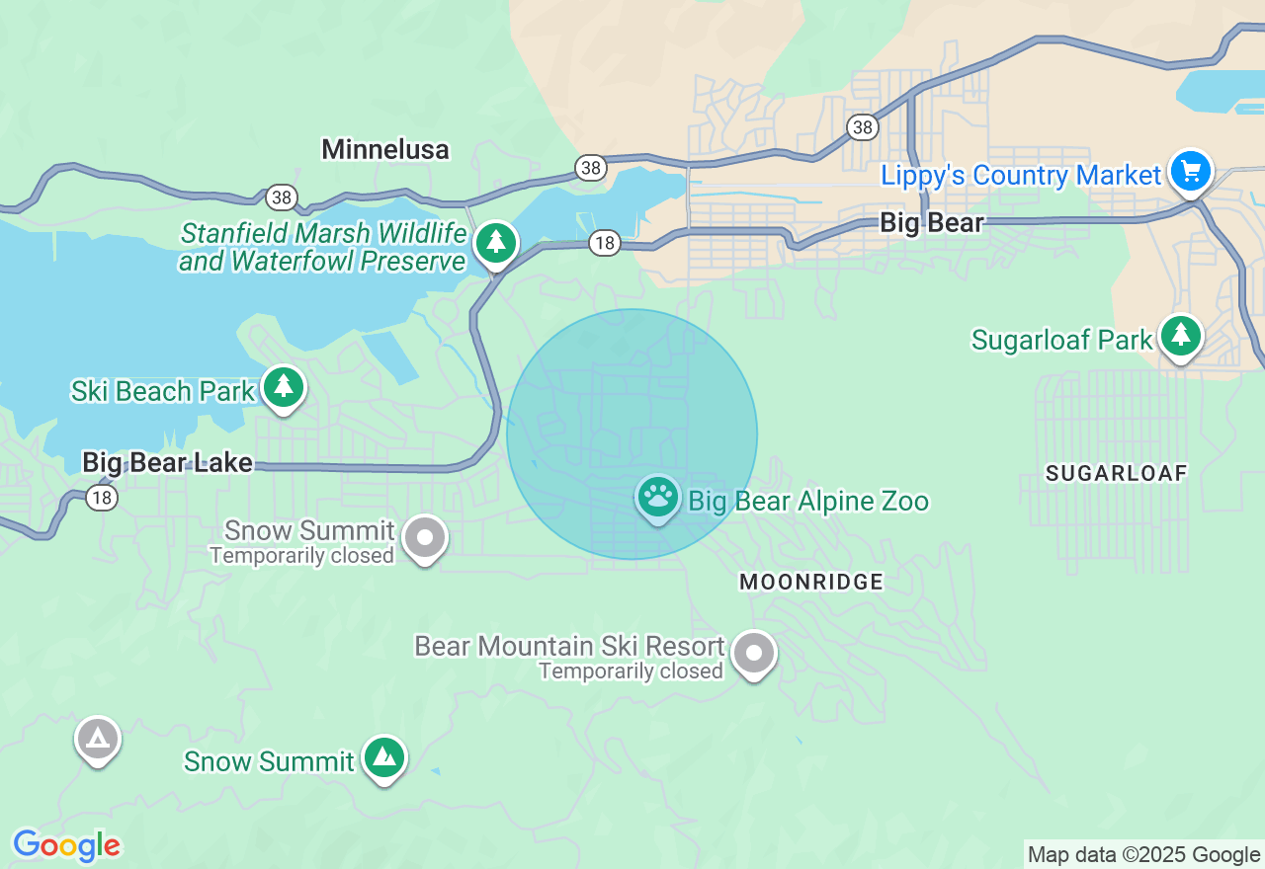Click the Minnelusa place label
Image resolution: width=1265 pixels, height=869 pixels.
385,149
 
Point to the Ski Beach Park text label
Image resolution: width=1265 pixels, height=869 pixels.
163,391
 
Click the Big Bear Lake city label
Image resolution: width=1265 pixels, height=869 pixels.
167,462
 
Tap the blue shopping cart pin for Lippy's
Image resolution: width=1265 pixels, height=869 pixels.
1190,172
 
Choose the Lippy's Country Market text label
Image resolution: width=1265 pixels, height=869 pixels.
1021,176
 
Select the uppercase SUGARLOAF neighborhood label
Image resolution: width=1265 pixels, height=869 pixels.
1116,473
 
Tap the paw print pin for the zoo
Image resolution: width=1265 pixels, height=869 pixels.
657,497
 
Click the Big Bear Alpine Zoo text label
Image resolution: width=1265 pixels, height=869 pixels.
808,502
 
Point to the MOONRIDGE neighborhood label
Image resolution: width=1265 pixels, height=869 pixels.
811,583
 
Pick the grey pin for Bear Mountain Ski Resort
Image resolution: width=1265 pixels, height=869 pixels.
754,653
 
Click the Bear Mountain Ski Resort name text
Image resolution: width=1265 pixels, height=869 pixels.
569,647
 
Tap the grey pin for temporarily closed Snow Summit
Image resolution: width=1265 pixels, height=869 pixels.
426,538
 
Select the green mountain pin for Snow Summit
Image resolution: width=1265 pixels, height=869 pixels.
383,757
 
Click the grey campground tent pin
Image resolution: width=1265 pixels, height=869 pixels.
98,739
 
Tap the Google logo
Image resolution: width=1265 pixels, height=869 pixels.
66,845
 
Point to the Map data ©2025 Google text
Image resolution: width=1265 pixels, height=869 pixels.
1143,854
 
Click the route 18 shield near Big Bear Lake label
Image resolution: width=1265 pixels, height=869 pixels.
102,498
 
